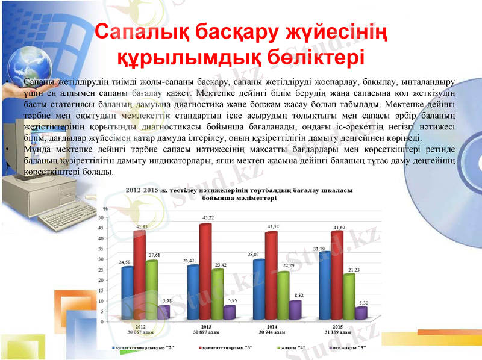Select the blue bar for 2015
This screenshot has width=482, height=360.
[325, 287]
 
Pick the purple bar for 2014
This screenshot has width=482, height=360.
[295, 310]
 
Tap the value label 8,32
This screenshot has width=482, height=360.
[299, 296]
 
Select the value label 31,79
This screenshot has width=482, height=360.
[319, 248]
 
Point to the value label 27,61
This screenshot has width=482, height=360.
[152, 255]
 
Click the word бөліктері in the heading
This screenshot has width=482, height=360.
[315, 57]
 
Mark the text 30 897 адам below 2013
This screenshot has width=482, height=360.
[206, 332]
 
